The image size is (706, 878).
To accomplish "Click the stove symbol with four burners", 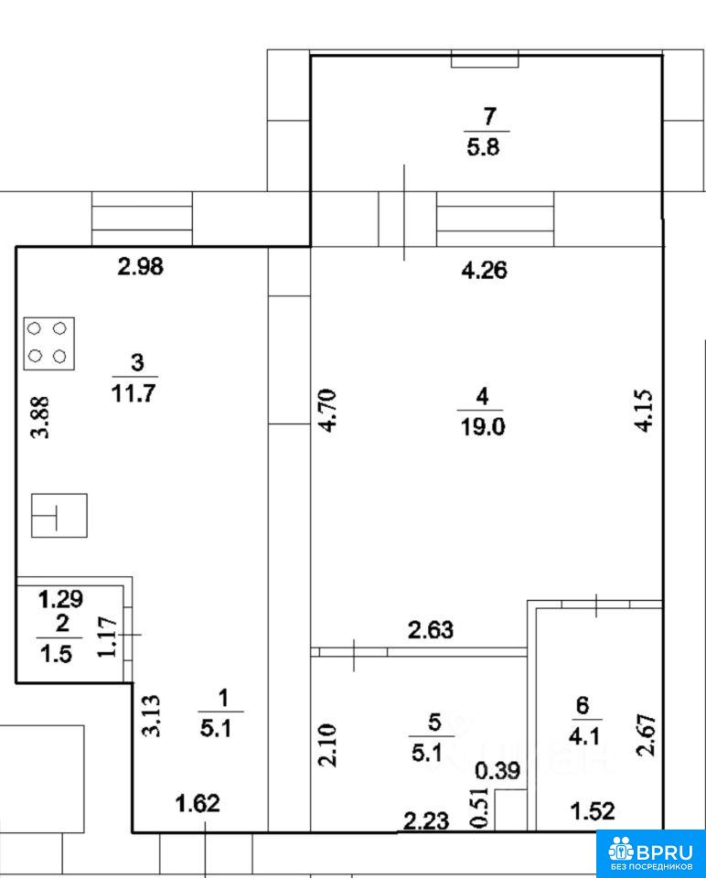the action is [49, 343].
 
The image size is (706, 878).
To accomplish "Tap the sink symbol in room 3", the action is [59, 515].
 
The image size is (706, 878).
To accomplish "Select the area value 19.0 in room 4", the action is [482, 427].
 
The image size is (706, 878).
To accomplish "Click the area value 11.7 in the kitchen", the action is [134, 393].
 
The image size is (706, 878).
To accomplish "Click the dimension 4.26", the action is [485, 271].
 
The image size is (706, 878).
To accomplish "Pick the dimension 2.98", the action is [141, 266].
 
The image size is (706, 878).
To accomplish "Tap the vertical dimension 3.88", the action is [39, 417].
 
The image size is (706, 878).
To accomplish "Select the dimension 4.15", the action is [644, 411].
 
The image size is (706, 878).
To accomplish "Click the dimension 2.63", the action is [431, 630].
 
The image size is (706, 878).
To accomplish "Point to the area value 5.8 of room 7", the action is [483, 148].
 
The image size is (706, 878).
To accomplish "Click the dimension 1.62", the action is [198, 804].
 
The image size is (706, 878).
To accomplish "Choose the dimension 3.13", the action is [151, 715].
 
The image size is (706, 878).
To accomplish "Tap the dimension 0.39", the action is [497, 771].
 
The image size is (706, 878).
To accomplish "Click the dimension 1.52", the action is [593, 811].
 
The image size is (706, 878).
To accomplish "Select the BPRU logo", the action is [650, 853].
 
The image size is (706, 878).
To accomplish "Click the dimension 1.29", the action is [61, 600].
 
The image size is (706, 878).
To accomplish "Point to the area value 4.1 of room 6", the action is [584, 736].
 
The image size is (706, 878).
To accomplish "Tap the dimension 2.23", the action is [427, 821].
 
